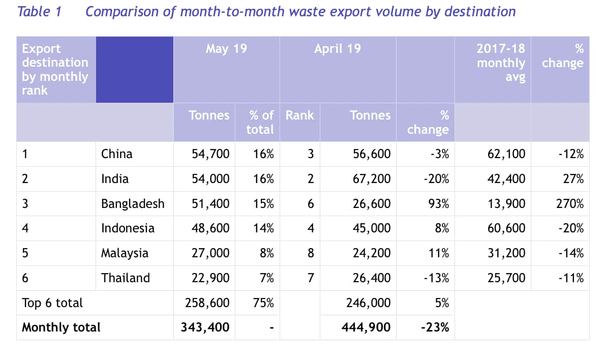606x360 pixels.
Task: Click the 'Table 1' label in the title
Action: point(39,12)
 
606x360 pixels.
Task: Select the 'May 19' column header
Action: point(226,49)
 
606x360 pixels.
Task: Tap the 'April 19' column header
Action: point(337,49)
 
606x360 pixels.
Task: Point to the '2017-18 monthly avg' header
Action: point(501,63)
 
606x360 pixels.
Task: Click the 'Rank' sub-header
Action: point(299,115)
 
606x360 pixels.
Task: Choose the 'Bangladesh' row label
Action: point(133,204)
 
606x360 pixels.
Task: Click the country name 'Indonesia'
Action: point(128,228)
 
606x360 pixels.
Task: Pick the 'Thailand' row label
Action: point(126,278)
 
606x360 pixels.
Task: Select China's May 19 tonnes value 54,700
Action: point(210,154)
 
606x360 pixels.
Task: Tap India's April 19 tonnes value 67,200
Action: point(372,179)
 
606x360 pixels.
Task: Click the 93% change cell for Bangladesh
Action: point(439,204)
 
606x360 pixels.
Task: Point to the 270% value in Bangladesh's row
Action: point(570,204)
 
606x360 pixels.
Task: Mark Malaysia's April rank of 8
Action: point(311,253)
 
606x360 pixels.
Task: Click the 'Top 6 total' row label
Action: point(52,303)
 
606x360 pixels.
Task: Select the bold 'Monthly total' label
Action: point(61,327)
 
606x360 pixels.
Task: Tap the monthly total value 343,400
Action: point(205,327)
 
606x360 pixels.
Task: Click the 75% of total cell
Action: point(263,303)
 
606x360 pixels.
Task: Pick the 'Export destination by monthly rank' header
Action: point(55,70)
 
